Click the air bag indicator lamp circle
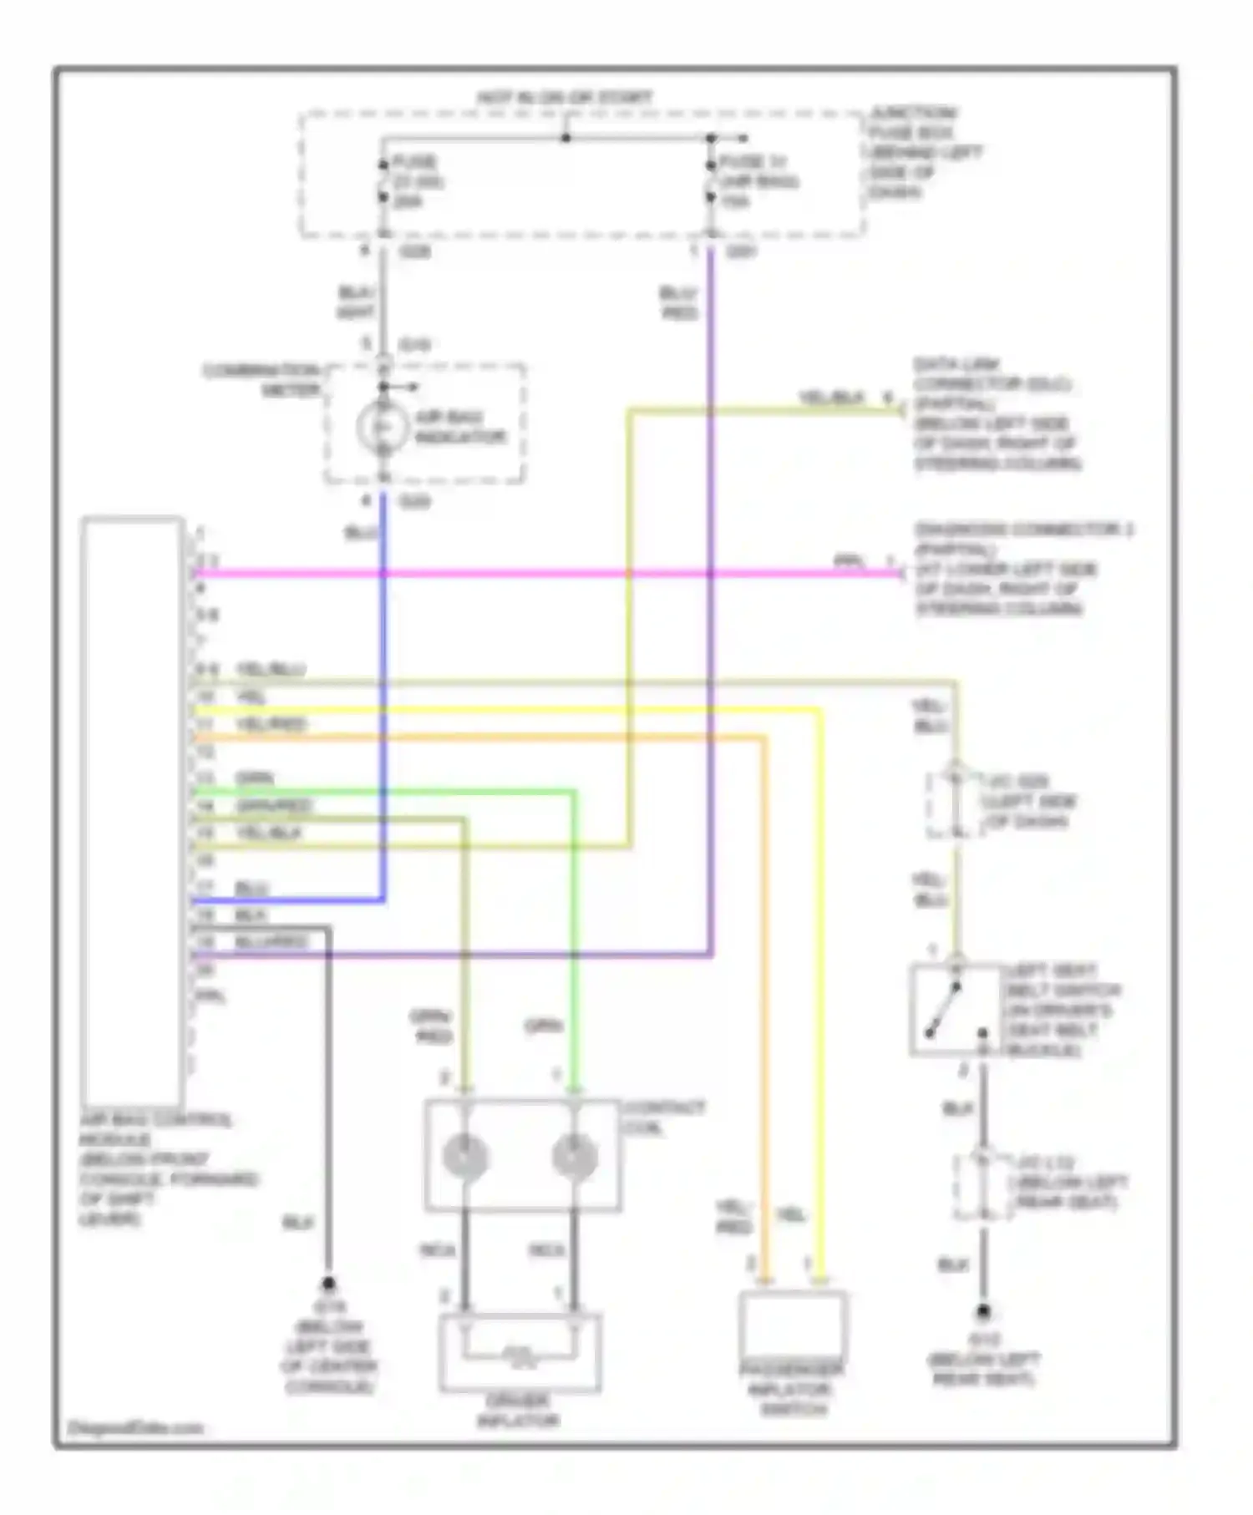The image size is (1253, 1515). click(383, 427)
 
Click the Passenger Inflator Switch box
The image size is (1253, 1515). click(791, 1325)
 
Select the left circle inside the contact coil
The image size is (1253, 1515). click(465, 1158)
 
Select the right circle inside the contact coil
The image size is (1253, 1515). click(575, 1158)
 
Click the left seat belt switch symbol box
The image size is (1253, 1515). click(955, 1009)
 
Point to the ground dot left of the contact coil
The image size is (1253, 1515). click(328, 1283)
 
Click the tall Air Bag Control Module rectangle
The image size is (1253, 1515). click(133, 810)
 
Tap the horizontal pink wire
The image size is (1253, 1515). click(543, 574)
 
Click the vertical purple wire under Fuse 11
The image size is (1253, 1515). click(711, 585)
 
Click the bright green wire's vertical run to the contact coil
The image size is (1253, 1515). click(575, 935)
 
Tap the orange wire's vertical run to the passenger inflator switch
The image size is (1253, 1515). click(763, 1002)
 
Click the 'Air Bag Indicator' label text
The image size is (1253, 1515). click(460, 427)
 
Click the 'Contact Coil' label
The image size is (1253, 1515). click(664, 1117)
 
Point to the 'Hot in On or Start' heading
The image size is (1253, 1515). click(565, 98)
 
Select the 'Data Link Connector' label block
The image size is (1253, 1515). click(996, 413)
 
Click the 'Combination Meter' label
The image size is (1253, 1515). click(262, 379)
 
